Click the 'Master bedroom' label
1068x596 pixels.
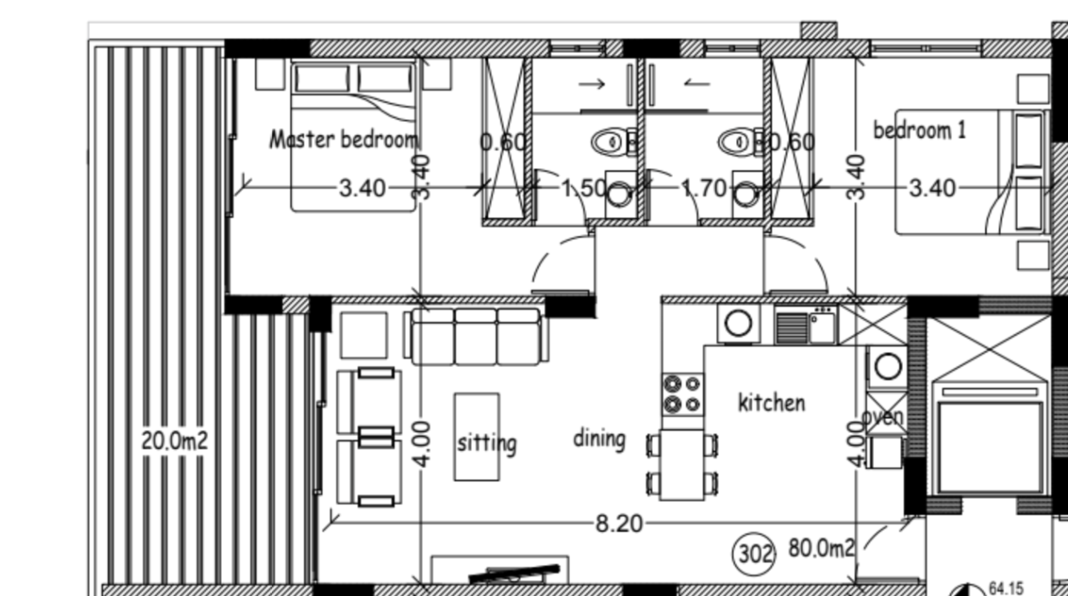[x=343, y=140]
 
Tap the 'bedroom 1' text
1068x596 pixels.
[x=920, y=130]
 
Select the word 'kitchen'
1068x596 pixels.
[x=771, y=402]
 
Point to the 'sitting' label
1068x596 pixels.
[x=487, y=443]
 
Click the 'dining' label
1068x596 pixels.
[x=599, y=439]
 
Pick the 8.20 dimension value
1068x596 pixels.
[x=619, y=525]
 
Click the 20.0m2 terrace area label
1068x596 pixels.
[x=175, y=441]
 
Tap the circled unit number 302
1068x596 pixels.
[x=754, y=554]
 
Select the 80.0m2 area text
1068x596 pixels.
[x=822, y=549]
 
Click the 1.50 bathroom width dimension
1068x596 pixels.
[x=584, y=189]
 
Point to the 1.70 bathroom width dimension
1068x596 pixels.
[x=704, y=189]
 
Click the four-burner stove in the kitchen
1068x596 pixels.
[x=682, y=394]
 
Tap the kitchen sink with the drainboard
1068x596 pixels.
[x=806, y=325]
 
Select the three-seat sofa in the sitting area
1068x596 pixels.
[x=476, y=336]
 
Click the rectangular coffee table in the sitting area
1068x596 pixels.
[x=477, y=436]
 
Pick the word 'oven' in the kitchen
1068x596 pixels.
[x=882, y=418]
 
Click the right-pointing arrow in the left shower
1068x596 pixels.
[x=592, y=84]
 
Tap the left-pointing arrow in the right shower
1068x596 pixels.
[x=696, y=84]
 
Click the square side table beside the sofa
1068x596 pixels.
[x=364, y=336]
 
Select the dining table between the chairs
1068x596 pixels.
[x=682, y=464]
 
